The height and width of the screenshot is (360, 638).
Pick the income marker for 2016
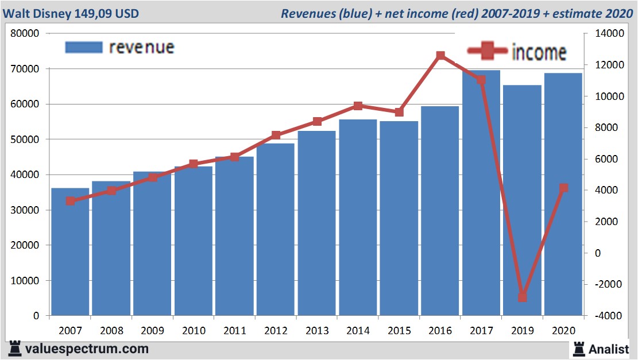click(x=440, y=56)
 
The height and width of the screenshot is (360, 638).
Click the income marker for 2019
click(x=522, y=297)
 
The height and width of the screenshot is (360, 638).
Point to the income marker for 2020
click(x=563, y=188)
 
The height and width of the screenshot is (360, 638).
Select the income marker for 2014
click(x=358, y=106)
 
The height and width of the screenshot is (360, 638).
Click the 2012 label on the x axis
click(x=276, y=331)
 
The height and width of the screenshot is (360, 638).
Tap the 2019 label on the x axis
click(x=522, y=331)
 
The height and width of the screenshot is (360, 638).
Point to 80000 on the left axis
click(x=25, y=34)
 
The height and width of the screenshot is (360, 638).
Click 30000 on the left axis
click(x=25, y=210)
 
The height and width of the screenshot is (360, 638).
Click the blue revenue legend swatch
click(x=84, y=47)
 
